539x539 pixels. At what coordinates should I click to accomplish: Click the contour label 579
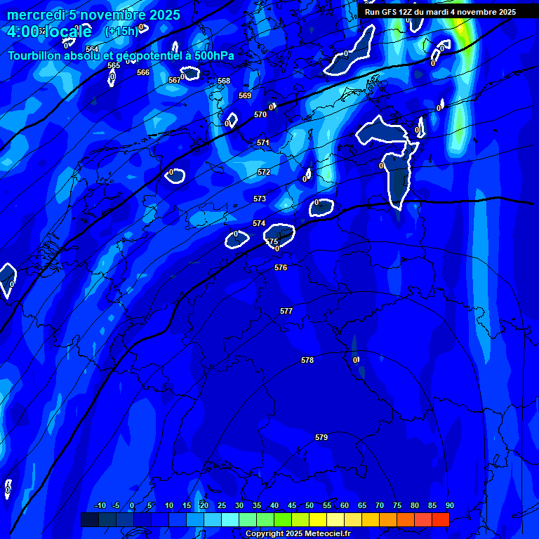coord(321,437)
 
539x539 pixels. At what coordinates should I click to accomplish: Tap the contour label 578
coord(307,360)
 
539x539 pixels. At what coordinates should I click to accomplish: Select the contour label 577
coord(286,311)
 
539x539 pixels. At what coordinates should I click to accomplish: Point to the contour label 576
coord(281,267)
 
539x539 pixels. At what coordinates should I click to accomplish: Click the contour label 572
coord(264,172)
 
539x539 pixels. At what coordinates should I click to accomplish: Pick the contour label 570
coord(260,114)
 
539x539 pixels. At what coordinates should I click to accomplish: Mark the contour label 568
coord(224,81)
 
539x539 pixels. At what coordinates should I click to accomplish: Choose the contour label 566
coord(143,72)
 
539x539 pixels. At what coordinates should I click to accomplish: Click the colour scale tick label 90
coord(449,505)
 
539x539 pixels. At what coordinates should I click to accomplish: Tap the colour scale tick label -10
coord(100,505)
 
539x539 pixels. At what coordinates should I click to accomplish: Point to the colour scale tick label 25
coord(221,505)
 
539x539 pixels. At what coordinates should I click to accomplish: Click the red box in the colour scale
coord(441,519)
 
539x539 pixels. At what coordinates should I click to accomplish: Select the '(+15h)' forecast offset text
coord(121,32)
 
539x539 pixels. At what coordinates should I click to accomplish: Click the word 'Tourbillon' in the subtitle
coord(37,56)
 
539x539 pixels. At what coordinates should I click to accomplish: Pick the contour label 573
coord(260,199)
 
